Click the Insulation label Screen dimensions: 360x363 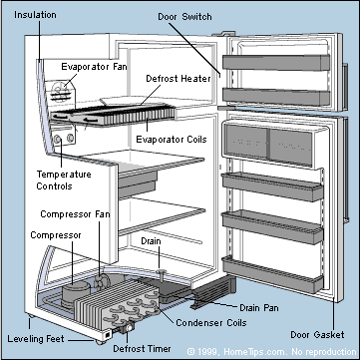coord(35,15)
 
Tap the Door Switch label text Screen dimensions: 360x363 coord(184,17)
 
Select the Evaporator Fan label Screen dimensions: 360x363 coord(94,67)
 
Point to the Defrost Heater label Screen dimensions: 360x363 coord(179,79)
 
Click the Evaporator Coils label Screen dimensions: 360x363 coord(172,139)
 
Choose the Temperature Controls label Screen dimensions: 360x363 coord(64,181)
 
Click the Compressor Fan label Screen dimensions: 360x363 coord(75,214)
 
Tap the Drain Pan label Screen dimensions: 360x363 coord(259,308)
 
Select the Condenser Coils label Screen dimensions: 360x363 coord(211,322)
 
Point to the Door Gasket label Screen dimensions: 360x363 coord(317,334)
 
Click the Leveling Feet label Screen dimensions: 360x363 coord(36,339)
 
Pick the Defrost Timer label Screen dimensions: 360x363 coord(142,349)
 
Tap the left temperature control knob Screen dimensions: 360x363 coord(58,139)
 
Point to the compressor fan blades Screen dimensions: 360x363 coord(100,281)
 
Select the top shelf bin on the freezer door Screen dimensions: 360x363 coord(276,63)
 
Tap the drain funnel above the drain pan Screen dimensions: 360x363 coord(161,273)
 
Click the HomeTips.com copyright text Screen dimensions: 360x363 coord(271,352)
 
